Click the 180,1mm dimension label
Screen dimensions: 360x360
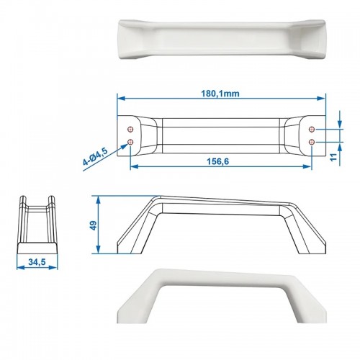point(220,94)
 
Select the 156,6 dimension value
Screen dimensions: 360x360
point(218,162)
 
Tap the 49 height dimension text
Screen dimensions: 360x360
point(93,225)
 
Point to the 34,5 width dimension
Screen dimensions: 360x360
point(37,262)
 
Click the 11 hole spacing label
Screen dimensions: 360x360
point(333,158)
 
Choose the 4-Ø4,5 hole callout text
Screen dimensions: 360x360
point(95,157)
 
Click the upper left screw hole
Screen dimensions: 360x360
point(130,129)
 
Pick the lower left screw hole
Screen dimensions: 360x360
point(130,142)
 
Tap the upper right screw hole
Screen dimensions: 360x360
point(312,129)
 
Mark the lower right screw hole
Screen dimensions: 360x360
point(312,142)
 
